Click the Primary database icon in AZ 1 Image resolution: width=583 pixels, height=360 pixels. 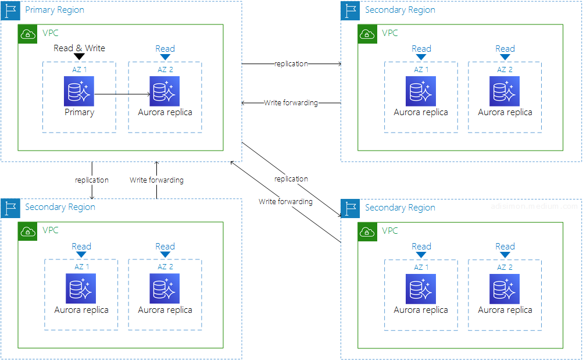click(x=79, y=91)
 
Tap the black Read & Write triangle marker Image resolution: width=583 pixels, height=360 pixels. click(x=80, y=56)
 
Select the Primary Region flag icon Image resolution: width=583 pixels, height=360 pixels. click(x=10, y=10)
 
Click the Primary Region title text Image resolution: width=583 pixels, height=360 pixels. click(x=54, y=10)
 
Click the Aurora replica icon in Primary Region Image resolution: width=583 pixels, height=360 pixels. click(x=164, y=91)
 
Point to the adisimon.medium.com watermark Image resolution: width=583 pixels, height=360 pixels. click(x=534, y=206)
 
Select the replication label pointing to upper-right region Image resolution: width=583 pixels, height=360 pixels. click(x=291, y=64)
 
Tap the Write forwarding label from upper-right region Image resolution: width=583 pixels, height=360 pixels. click(x=291, y=103)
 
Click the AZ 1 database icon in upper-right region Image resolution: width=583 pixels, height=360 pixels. click(x=421, y=91)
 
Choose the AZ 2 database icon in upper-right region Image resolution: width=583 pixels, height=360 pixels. click(x=505, y=91)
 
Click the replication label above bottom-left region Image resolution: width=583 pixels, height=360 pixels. click(x=92, y=180)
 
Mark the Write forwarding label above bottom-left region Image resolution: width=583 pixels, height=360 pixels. click(x=156, y=180)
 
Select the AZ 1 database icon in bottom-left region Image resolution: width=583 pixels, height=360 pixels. click(x=81, y=288)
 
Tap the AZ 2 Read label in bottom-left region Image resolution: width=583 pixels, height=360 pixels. click(x=165, y=247)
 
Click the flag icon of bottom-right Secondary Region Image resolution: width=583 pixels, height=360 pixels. click(x=350, y=208)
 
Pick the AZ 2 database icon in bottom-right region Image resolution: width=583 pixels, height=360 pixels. click(x=505, y=288)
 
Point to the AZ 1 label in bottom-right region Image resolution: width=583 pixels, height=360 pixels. click(x=421, y=267)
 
